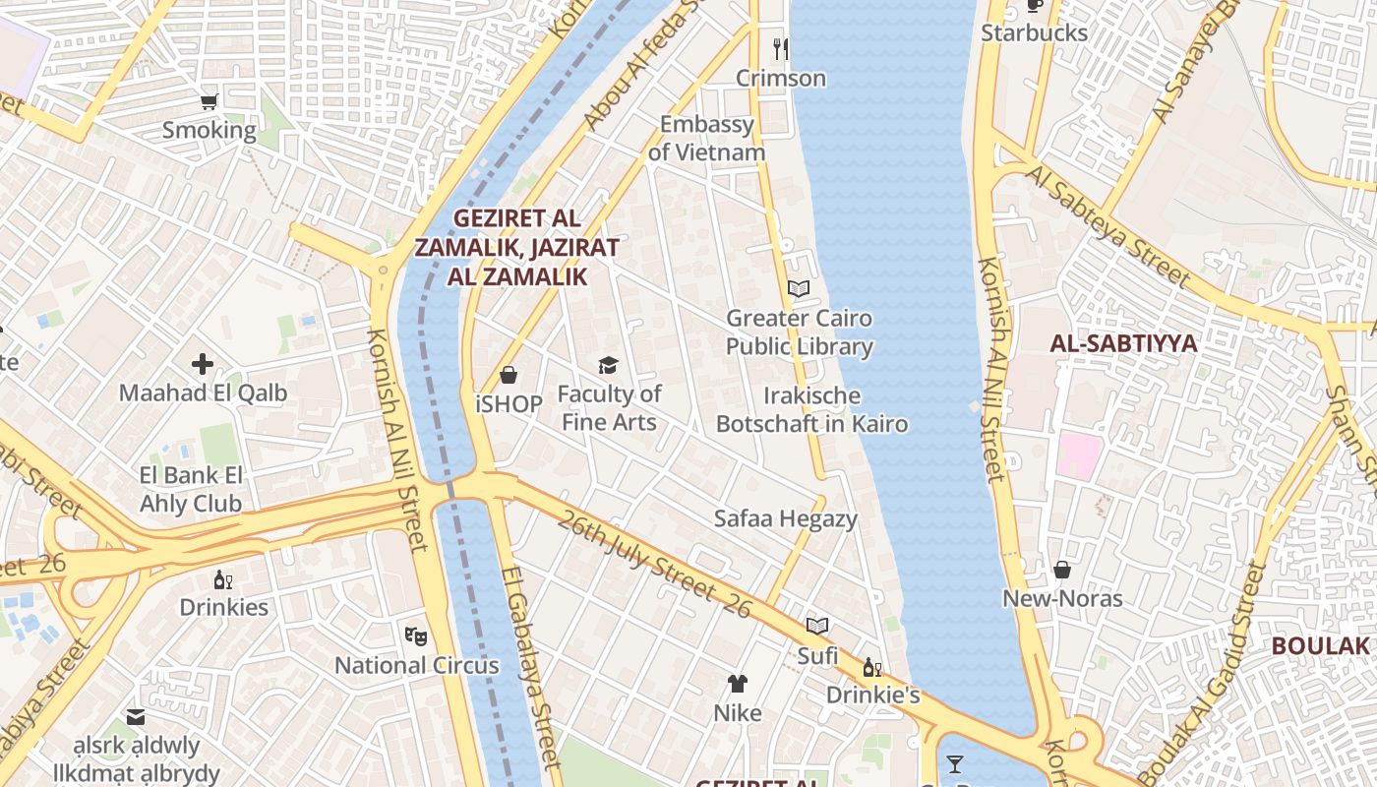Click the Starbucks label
coord(1034,33)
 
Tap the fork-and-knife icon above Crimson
coord(781,47)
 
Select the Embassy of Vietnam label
coord(706,139)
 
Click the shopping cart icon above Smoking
coord(209,100)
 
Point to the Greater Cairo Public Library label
coord(799,333)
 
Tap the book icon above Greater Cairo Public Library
coord(799,289)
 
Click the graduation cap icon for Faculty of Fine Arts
coord(609,366)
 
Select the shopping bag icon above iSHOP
coord(509,375)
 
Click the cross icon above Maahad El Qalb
coord(203,364)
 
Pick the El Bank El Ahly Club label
coord(191,490)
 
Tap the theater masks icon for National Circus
coord(416,636)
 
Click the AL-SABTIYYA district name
coord(1123,343)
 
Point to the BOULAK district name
coord(1320,646)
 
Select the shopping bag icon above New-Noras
coord(1062,570)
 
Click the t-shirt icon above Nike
coord(738,684)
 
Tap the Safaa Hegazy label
coord(786,518)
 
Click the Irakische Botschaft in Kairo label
coord(811,410)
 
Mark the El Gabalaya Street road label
coord(530,667)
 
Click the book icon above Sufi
coord(817,626)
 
